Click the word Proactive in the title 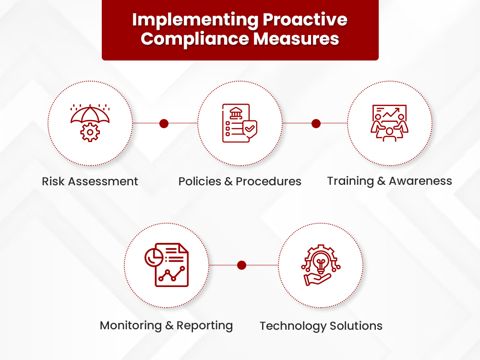[x=305, y=20]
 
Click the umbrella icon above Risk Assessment [x=90, y=114]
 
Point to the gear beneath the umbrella [x=90, y=132]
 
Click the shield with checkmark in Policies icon [x=250, y=129]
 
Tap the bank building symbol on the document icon [x=236, y=113]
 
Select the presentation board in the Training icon [x=389, y=114]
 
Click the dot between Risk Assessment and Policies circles [x=164, y=123]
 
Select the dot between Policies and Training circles [x=316, y=123]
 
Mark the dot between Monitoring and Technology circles [x=242, y=265]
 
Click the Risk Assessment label [x=90, y=181]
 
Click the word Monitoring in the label [x=131, y=325]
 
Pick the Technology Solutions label [x=321, y=326]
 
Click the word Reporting [x=204, y=325]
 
